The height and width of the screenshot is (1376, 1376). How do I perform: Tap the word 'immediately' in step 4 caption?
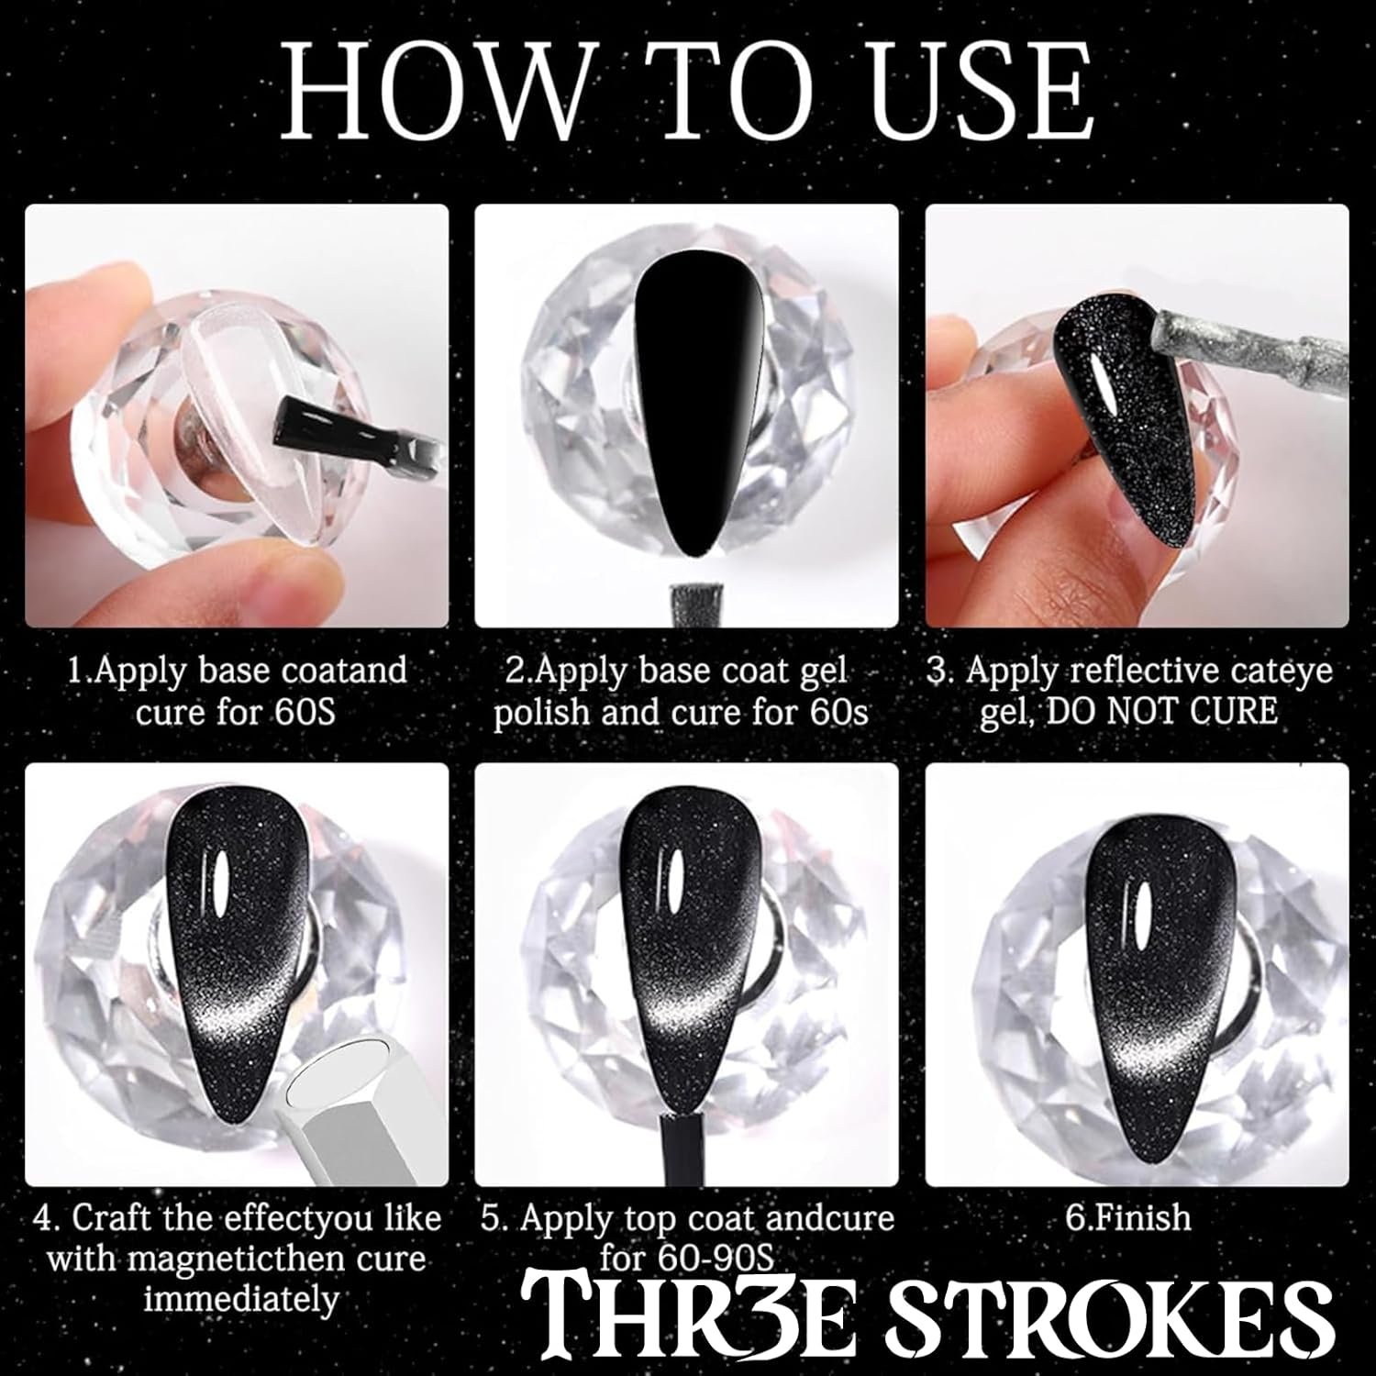(x=242, y=1300)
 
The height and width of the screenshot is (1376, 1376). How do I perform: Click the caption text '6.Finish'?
(x=1130, y=1218)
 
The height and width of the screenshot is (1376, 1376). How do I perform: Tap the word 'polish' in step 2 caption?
(x=541, y=713)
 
